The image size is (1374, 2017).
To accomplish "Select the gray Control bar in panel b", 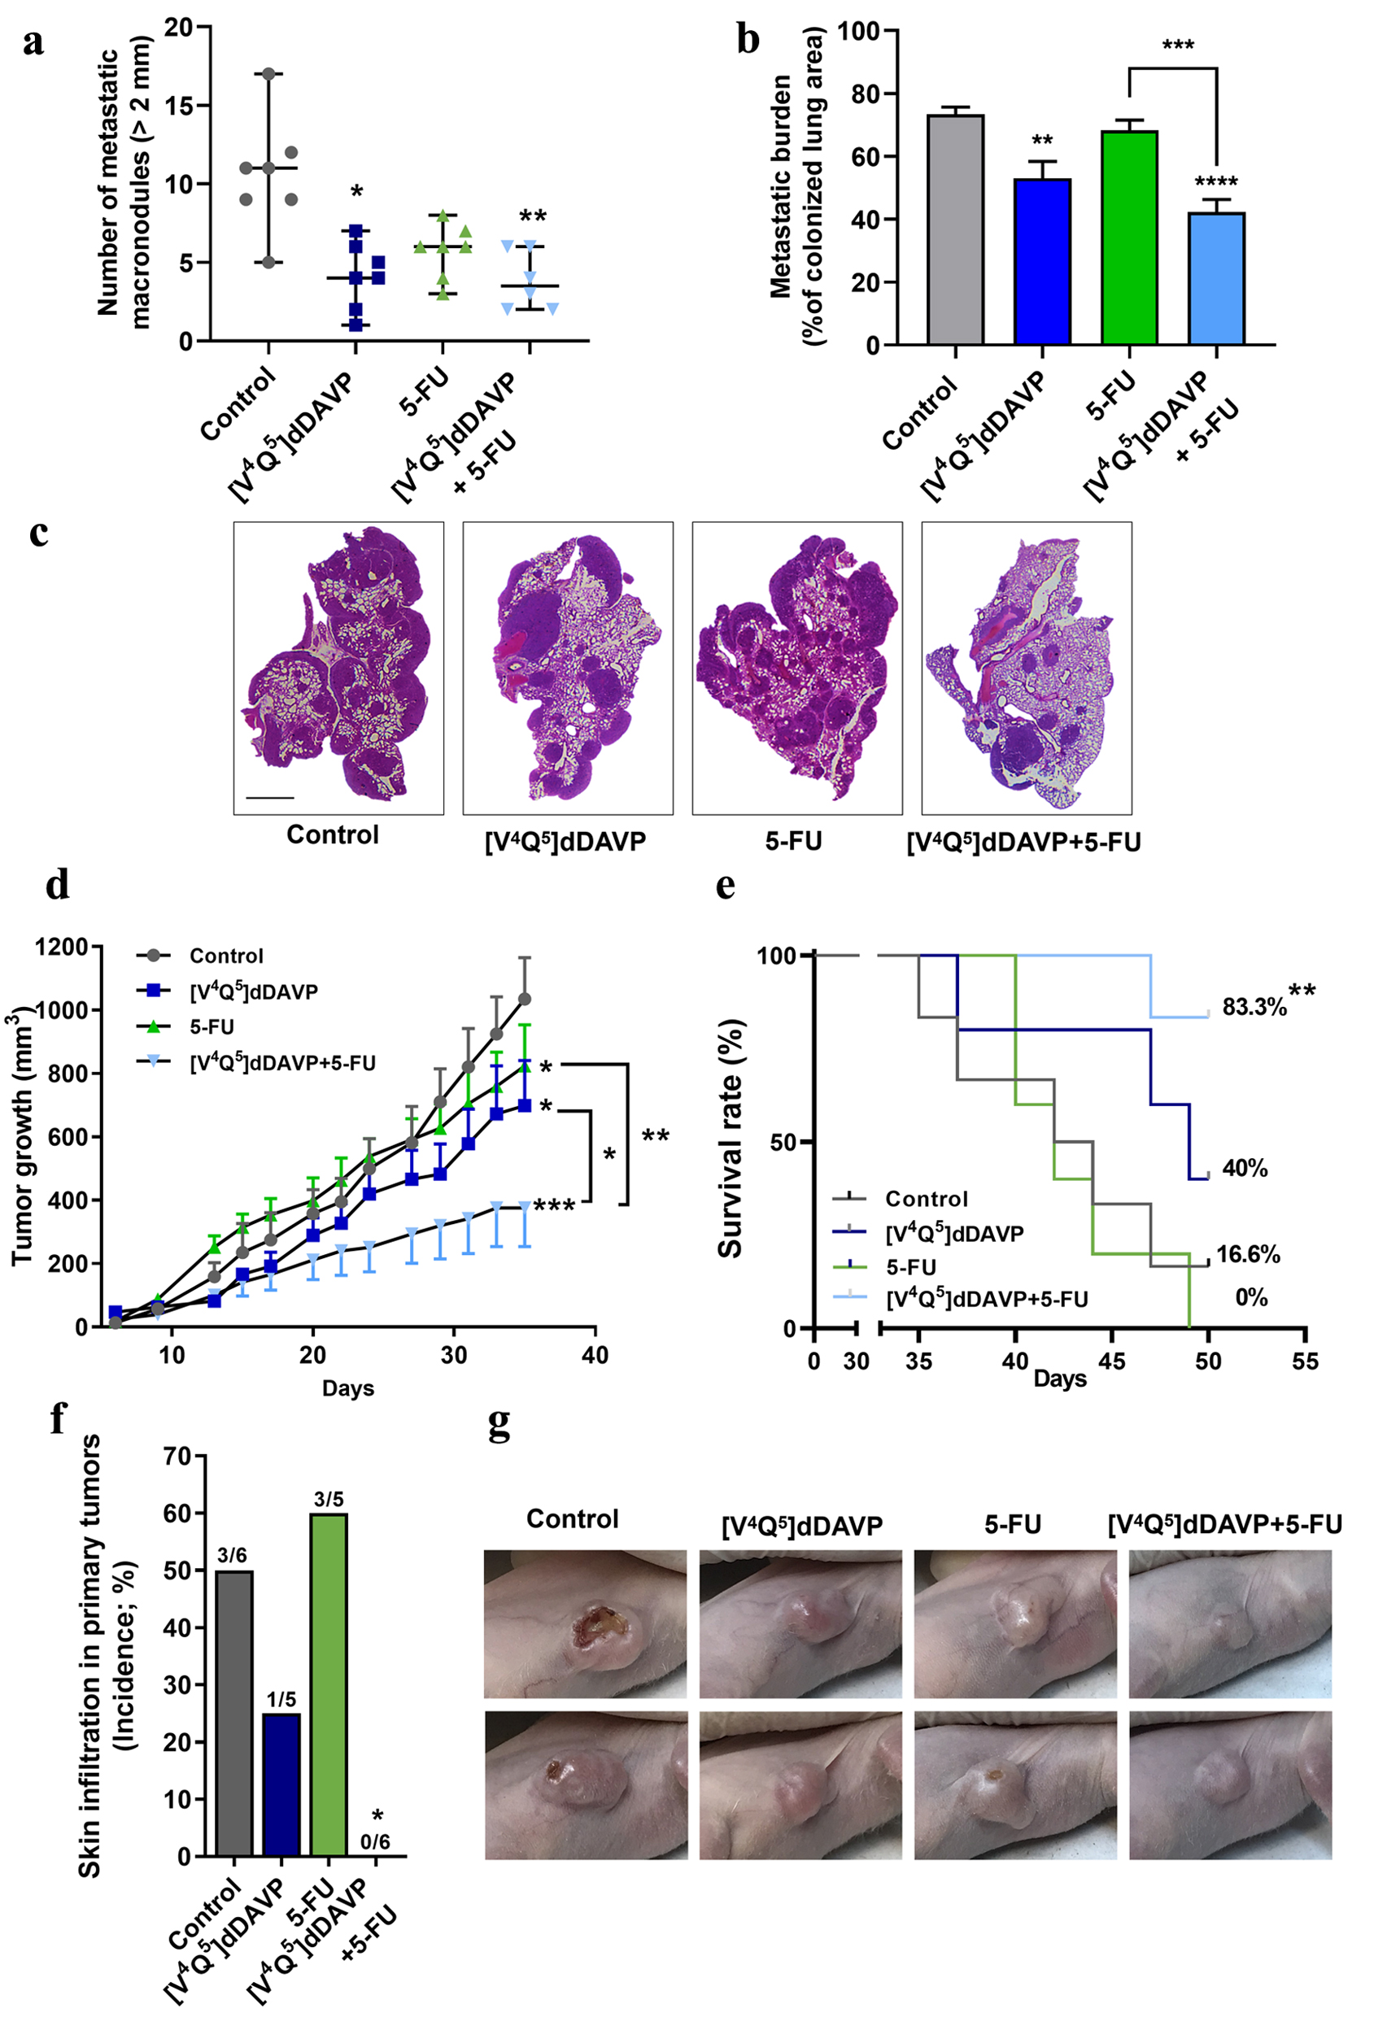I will tap(955, 230).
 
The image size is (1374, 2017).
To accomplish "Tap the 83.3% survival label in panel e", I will tap(1254, 1008).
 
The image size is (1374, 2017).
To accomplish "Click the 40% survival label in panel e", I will tap(1245, 1168).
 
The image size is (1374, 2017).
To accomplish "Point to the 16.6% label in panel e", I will tap(1247, 1254).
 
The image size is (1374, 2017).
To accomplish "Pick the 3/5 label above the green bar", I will tap(328, 1499).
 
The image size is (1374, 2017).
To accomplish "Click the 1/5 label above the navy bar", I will tap(281, 1699).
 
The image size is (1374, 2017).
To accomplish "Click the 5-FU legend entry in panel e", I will tap(909, 1266).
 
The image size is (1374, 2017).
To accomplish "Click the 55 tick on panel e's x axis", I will tap(1305, 1361).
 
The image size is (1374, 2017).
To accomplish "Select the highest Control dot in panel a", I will tap(269, 74).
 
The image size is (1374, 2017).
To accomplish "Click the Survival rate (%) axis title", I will tap(730, 1138).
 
